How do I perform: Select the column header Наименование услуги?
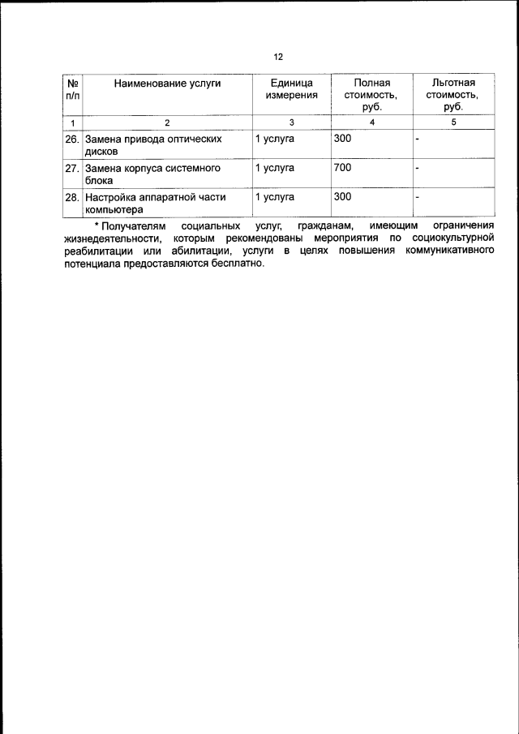167,83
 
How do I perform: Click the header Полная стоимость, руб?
371,94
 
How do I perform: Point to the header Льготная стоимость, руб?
453,94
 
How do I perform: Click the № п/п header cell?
73,89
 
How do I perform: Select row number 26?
72,140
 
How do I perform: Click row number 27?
72,169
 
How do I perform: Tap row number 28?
72,197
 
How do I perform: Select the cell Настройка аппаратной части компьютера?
155,203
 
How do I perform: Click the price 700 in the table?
342,168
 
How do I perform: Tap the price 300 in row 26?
342,139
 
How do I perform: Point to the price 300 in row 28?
342,196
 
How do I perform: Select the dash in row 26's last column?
417,140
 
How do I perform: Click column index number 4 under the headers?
371,122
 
